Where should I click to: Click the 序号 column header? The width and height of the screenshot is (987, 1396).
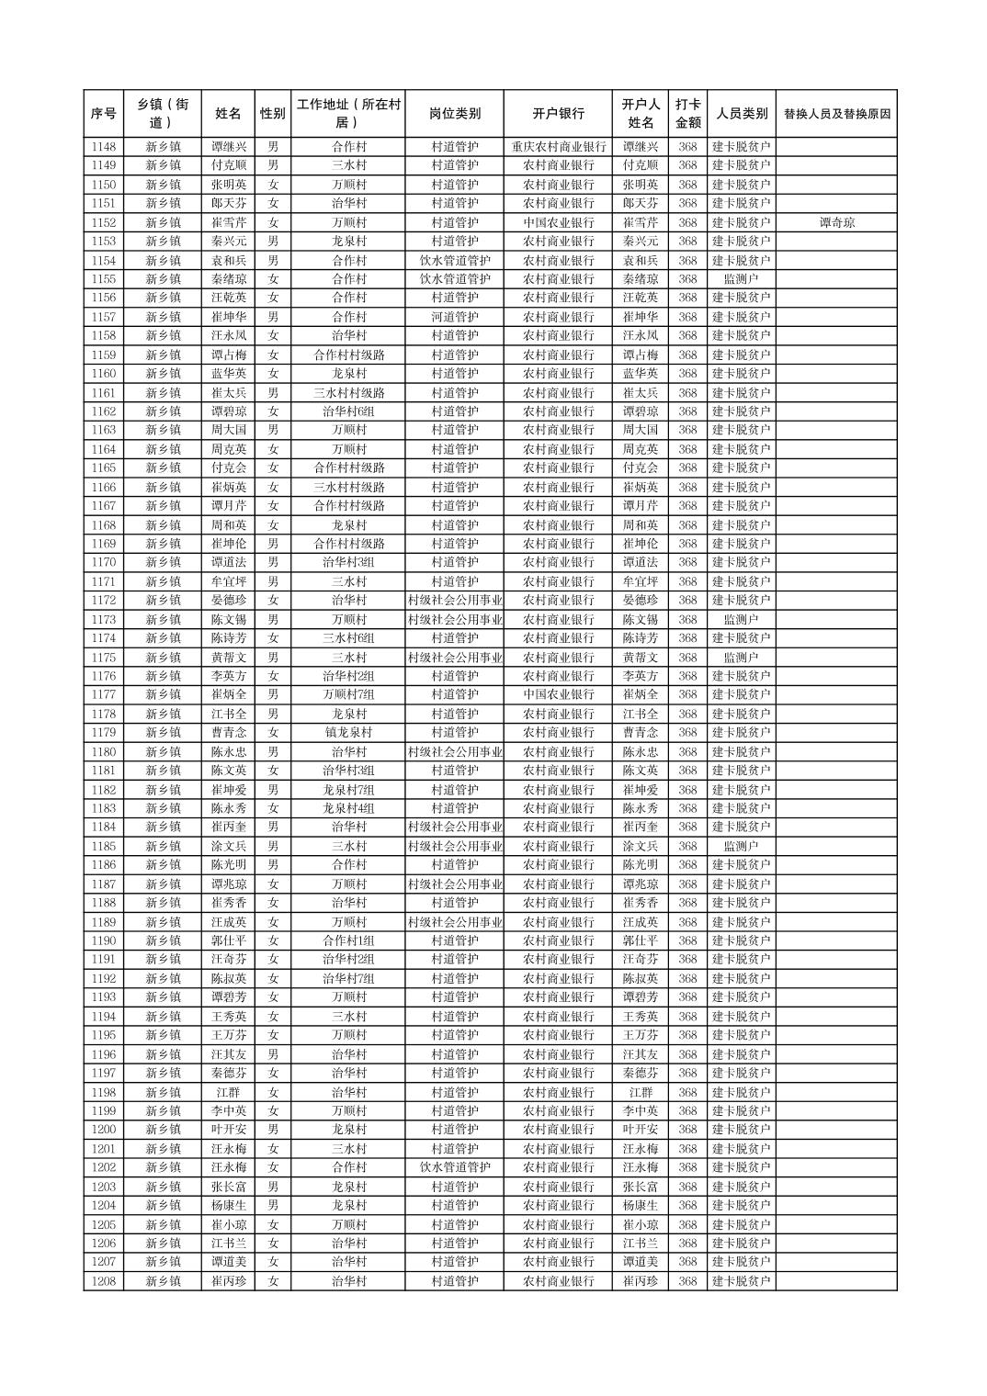click(104, 114)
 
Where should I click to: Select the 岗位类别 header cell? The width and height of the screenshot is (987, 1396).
click(454, 114)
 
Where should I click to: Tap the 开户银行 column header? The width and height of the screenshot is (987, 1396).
click(558, 114)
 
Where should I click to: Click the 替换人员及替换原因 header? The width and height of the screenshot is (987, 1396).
click(836, 114)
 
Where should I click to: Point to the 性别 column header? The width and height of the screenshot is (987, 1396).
click(273, 114)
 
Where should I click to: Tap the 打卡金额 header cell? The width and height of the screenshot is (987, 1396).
click(687, 114)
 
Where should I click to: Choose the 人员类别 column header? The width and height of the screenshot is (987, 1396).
click(741, 114)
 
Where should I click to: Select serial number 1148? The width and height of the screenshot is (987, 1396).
click(104, 147)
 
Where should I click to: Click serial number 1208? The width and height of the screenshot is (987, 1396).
click(104, 1281)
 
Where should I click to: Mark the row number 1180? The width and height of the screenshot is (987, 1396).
click(104, 752)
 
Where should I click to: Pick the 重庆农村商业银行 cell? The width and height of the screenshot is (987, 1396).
click(558, 147)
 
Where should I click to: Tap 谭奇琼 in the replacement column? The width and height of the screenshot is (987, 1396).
click(836, 222)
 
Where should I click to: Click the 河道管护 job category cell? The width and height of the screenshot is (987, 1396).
click(454, 317)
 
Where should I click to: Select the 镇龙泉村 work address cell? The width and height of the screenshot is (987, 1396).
click(348, 733)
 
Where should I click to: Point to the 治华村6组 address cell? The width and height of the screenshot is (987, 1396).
click(348, 411)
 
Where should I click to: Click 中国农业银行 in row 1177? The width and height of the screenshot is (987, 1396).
click(558, 695)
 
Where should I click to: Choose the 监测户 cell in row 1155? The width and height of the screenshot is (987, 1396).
click(741, 279)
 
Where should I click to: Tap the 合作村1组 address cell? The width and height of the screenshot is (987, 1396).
click(348, 940)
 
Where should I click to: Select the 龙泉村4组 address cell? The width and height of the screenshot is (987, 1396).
click(348, 808)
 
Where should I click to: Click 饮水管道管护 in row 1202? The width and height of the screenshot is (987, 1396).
click(454, 1167)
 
